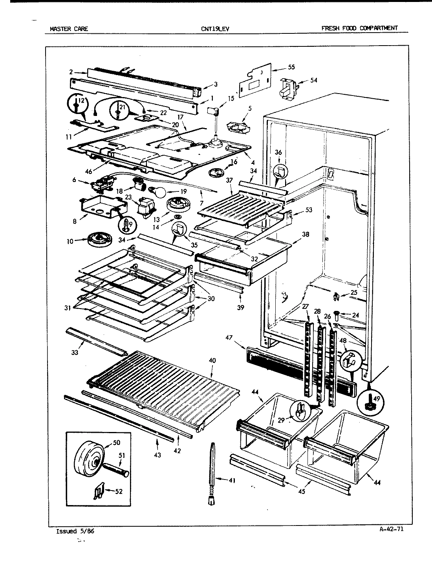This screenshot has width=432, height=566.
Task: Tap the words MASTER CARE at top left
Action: (x=69, y=28)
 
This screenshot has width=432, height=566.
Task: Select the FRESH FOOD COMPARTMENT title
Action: (x=359, y=28)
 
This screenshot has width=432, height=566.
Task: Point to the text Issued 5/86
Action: (x=75, y=531)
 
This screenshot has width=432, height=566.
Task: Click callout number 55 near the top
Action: (x=291, y=67)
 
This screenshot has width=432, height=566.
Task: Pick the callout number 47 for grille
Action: (x=229, y=337)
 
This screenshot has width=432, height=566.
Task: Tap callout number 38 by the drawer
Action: (x=305, y=234)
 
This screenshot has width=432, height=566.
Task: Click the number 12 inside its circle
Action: (x=81, y=101)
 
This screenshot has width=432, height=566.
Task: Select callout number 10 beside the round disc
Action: (x=70, y=241)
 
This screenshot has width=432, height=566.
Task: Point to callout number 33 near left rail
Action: (x=75, y=352)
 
